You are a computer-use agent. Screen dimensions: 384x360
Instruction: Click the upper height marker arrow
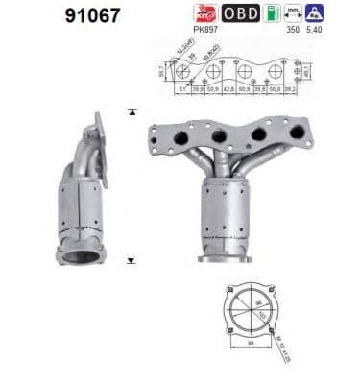132,111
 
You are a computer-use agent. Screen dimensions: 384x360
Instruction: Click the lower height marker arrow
132,259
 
